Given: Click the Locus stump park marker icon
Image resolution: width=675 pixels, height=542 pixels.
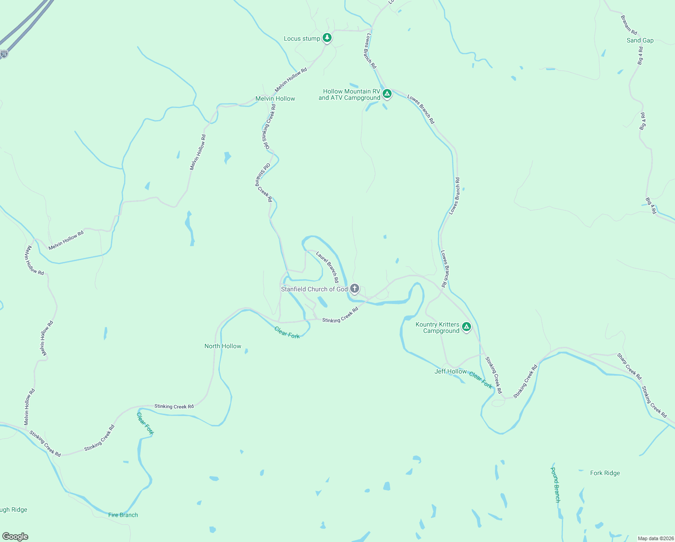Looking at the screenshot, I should pyautogui.click(x=327, y=38).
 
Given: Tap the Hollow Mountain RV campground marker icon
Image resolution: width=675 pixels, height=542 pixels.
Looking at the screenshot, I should pyautogui.click(x=387, y=94).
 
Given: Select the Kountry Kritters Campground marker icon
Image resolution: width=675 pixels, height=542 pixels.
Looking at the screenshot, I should pyautogui.click(x=467, y=327).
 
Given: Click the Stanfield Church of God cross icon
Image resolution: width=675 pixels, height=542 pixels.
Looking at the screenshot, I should pyautogui.click(x=355, y=289).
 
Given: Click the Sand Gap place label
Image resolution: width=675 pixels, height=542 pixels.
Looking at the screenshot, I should pyautogui.click(x=640, y=40).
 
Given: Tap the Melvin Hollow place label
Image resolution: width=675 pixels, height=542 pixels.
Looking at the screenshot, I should pyautogui.click(x=275, y=98).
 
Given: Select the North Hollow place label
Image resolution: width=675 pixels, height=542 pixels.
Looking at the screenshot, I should pyautogui.click(x=223, y=346).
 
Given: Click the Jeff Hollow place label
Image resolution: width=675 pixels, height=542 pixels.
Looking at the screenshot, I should pyautogui.click(x=450, y=371).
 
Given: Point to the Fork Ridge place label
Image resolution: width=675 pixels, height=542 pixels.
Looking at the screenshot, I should pyautogui.click(x=605, y=473).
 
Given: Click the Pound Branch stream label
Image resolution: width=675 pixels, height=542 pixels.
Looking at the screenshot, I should pyautogui.click(x=555, y=485).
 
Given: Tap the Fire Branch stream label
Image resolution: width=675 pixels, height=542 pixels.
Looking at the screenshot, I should pyautogui.click(x=123, y=515).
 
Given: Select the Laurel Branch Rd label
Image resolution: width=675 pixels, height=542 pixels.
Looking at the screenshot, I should pyautogui.click(x=328, y=267).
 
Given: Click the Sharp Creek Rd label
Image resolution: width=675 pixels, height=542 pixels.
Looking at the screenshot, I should pyautogui.click(x=629, y=366).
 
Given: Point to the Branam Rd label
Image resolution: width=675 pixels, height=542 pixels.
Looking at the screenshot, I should pyautogui.click(x=629, y=25).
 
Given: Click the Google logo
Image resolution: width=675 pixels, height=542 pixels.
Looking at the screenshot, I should pyautogui.click(x=15, y=537).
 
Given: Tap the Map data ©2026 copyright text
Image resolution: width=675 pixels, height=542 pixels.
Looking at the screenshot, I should pyautogui.click(x=655, y=538).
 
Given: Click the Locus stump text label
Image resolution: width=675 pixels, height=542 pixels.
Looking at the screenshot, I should pyautogui.click(x=302, y=38).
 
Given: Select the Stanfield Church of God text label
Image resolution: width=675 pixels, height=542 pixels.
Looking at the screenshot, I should pyautogui.click(x=314, y=289).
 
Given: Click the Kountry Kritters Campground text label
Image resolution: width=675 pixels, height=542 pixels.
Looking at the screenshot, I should pyautogui.click(x=437, y=327).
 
